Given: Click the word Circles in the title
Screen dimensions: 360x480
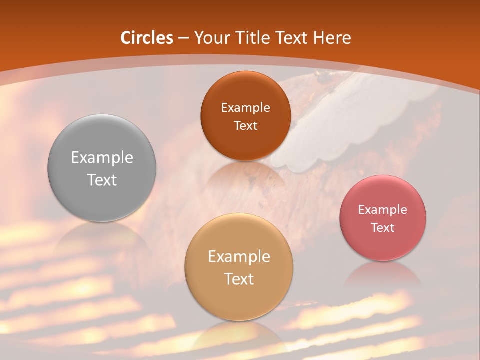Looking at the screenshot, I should [x=147, y=38].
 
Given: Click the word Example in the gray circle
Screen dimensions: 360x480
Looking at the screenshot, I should [x=102, y=158].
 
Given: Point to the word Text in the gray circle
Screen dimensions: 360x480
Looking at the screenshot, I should [x=102, y=180].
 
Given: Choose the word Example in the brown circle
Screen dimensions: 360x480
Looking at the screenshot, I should [x=245, y=108].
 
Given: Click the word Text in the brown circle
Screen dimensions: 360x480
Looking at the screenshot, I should [x=245, y=126].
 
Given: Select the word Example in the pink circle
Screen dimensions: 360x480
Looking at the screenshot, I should [x=383, y=210].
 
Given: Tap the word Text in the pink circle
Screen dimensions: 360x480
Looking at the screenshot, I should [x=383, y=228].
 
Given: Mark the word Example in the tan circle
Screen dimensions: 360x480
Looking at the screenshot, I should [x=239, y=257].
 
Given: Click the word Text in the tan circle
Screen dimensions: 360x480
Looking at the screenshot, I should [x=239, y=279].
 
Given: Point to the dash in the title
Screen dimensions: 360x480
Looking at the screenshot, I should [x=183, y=38].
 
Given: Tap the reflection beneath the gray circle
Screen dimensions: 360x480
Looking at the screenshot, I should [x=102, y=237].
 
